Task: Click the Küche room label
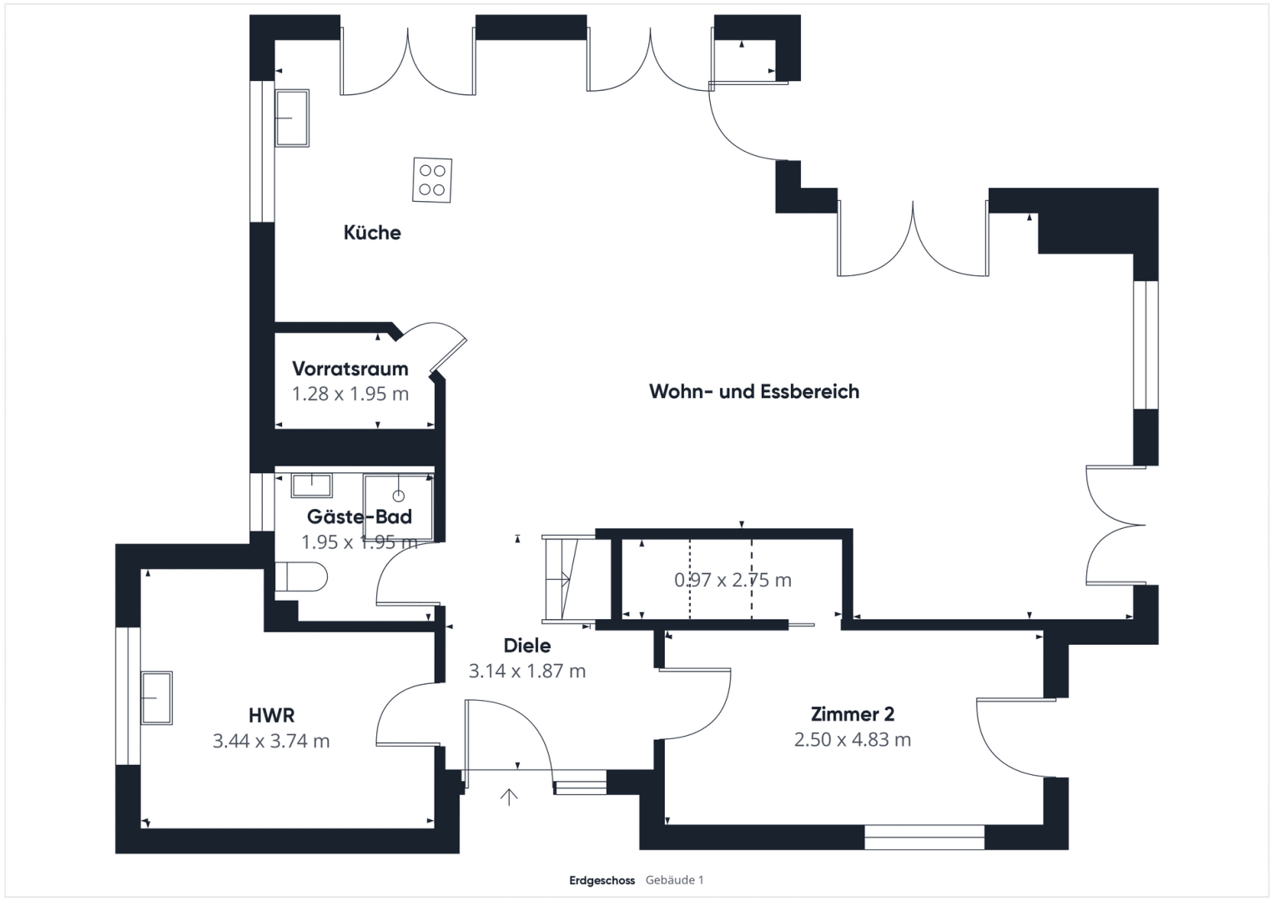(372, 233)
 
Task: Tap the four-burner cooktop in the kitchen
(432, 179)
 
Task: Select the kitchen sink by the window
(292, 118)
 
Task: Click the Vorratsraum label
(350, 369)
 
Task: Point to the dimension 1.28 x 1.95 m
(350, 394)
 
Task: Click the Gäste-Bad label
(360, 516)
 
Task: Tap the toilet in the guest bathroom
(301, 577)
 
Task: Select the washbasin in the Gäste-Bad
(312, 486)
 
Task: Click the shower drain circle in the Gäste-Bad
(399, 496)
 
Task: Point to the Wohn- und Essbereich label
(754, 391)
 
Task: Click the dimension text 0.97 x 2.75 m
(733, 580)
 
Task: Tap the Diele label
(527, 646)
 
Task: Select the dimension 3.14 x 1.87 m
(527, 671)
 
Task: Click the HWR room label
(271, 715)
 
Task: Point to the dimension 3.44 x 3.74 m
(271, 741)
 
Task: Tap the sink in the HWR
(157, 698)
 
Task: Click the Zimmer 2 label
(853, 714)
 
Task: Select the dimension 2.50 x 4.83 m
(853, 739)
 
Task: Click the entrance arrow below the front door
(508, 798)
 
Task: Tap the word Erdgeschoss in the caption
(602, 880)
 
